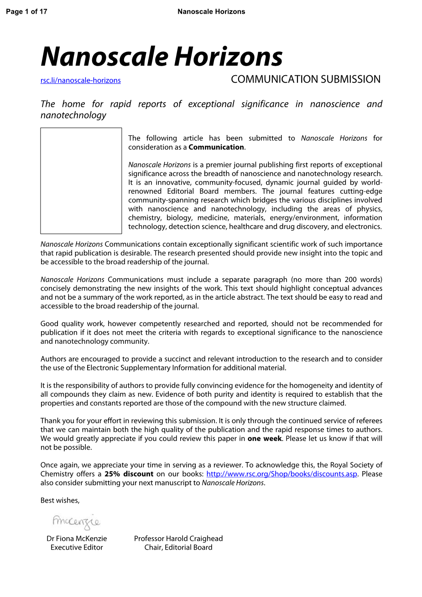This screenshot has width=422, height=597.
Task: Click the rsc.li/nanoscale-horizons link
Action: (x=81, y=80)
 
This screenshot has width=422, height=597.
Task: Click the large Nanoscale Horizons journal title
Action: (x=162, y=57)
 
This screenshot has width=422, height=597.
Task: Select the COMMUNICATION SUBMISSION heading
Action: (x=305, y=79)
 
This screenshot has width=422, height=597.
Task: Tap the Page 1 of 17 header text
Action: (x=26, y=11)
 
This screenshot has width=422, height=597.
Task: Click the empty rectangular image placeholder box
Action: (x=81, y=181)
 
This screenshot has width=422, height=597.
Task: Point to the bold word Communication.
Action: (x=216, y=147)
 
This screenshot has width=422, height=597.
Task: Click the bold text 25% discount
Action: (x=129, y=474)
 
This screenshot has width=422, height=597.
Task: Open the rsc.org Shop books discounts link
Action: (x=281, y=474)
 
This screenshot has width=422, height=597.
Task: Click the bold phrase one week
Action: (x=265, y=439)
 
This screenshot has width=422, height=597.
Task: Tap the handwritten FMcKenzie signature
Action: (x=76, y=521)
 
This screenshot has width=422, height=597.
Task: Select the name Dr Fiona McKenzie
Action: (x=77, y=539)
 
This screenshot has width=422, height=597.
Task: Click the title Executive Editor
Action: (x=77, y=547)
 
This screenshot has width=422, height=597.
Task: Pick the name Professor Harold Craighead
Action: (x=178, y=539)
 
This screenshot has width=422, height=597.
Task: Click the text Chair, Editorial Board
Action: (x=178, y=547)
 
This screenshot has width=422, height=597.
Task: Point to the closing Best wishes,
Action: (x=60, y=500)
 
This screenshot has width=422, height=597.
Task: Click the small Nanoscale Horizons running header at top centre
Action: (x=211, y=11)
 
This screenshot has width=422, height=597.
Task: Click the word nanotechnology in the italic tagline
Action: (x=73, y=115)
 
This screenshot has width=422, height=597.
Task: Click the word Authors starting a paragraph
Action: (x=53, y=359)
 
